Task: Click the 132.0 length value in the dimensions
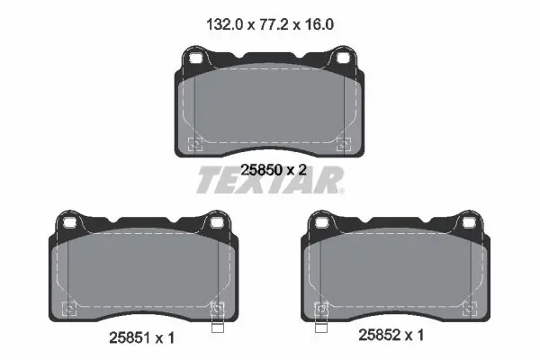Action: (x=224, y=25)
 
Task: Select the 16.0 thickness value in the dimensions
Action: (x=319, y=25)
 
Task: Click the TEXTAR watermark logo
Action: (x=270, y=180)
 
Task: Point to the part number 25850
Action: (x=261, y=170)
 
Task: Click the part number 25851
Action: (x=130, y=338)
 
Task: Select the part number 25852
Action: (x=380, y=335)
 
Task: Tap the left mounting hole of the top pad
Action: (x=195, y=58)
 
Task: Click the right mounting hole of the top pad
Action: (x=343, y=58)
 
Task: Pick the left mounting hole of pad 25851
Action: (x=69, y=223)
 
